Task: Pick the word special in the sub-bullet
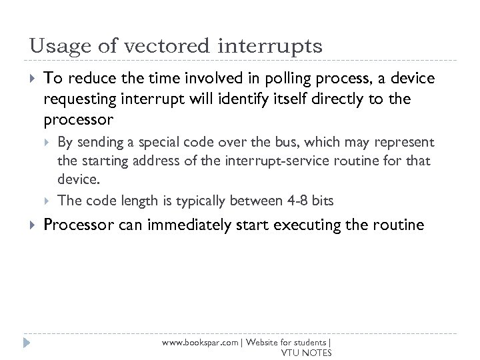tap(183, 142)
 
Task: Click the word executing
tap(317, 225)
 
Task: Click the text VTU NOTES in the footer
tap(306, 353)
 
